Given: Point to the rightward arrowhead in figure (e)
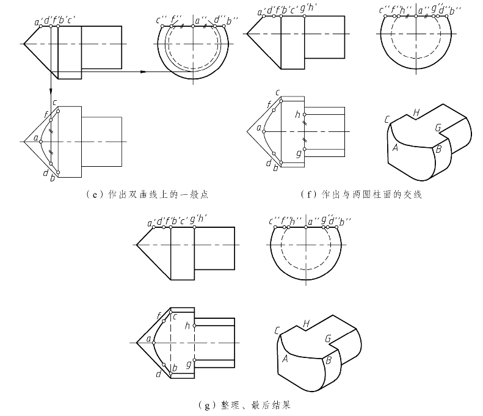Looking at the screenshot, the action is pos(143,72).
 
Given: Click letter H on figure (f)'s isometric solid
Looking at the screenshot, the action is pos(416,112).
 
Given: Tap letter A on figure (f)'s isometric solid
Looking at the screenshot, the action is pos(396,147).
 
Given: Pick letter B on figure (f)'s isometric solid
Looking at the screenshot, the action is pos(438,149).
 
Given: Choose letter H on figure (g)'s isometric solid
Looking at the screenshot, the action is pos(306,323).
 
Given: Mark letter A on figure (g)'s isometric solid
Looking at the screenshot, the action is pos(285,359).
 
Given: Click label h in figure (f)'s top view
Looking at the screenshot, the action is pos(297,114).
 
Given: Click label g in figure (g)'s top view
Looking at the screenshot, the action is pos(187,364).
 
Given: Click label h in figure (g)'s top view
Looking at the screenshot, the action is pos(187,325).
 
